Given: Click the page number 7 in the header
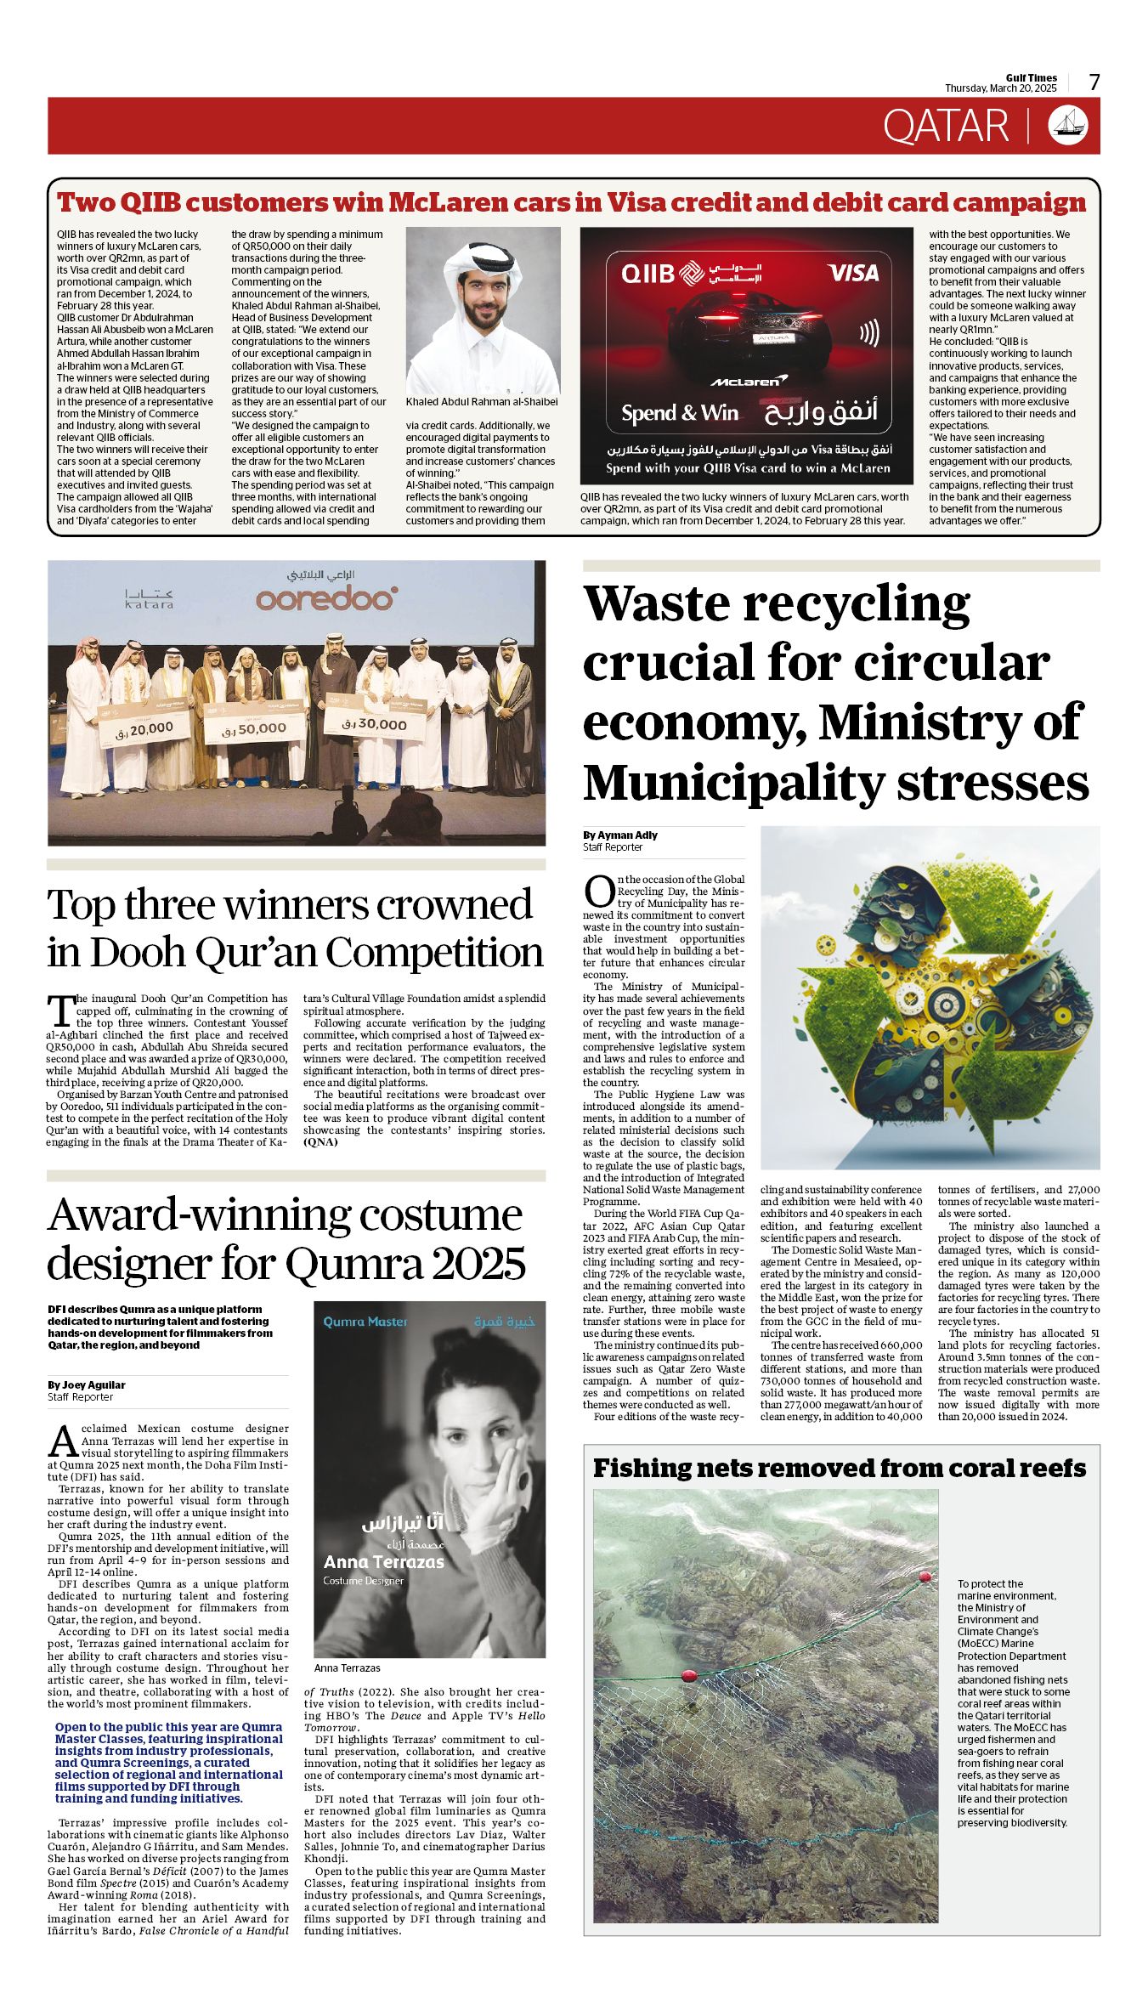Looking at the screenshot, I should [x=1094, y=82].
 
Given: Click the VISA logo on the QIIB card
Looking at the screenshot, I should [x=852, y=273].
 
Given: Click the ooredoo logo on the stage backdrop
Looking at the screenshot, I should [x=326, y=599].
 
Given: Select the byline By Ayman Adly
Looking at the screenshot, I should [x=620, y=835].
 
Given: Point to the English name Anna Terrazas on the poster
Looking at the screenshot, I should [x=384, y=1562].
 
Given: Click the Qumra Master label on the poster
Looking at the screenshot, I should [x=365, y=1322].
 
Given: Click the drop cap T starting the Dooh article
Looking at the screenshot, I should [x=61, y=1011].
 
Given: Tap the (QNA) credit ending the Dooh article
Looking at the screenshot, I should [x=320, y=1142].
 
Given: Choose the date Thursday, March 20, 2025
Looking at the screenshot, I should [x=1000, y=88].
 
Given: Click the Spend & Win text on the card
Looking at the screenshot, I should [x=680, y=413].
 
